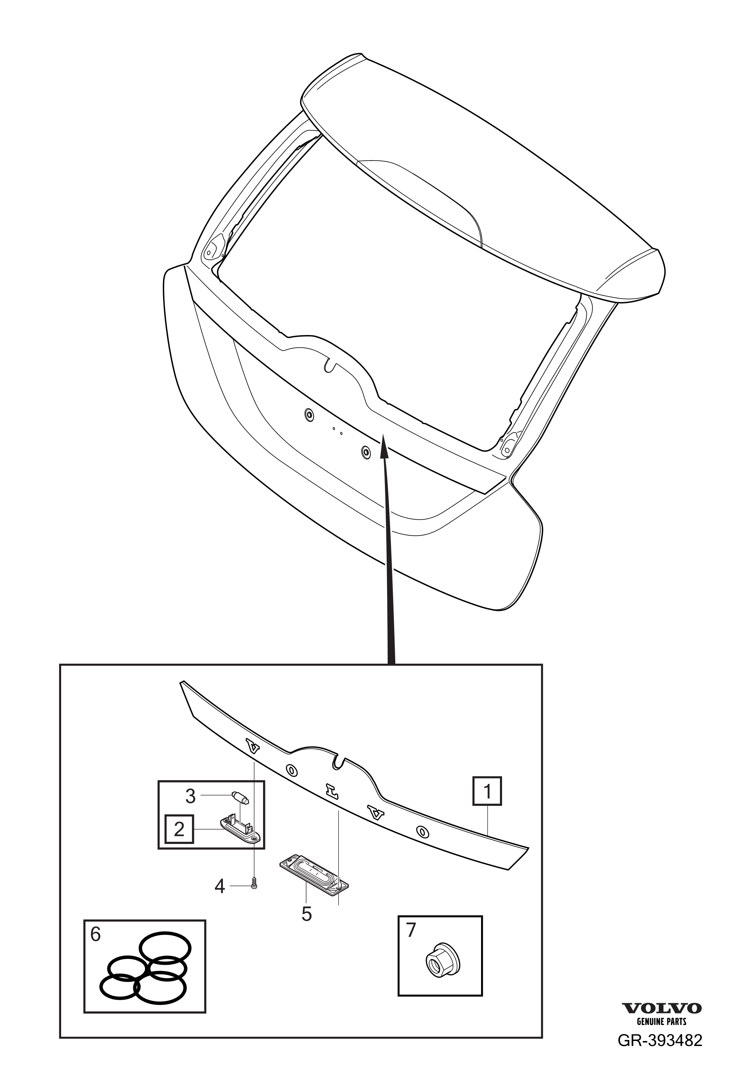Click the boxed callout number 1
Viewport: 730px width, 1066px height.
coord(487,791)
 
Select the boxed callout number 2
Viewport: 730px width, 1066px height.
coord(179,829)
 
